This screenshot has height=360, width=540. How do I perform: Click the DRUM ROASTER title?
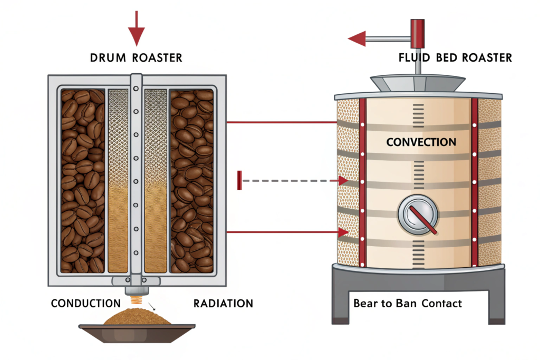[136, 58]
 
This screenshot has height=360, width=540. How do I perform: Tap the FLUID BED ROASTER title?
[455, 57]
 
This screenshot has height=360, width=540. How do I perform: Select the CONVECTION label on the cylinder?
[421, 142]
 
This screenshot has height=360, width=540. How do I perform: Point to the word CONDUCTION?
[85, 303]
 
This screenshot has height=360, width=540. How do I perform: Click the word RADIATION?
[223, 303]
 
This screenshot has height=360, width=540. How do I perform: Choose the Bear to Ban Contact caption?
[407, 303]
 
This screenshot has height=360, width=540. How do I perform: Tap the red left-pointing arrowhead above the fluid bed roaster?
[356, 38]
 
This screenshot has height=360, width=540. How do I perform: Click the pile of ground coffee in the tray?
[137, 318]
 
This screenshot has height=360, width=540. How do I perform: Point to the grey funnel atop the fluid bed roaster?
[418, 83]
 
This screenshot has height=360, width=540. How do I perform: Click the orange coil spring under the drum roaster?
[136, 301]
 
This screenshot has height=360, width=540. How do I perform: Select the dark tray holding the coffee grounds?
[137, 332]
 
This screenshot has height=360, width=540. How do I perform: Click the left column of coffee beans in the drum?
[82, 179]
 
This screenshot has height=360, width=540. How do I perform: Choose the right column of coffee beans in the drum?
[191, 179]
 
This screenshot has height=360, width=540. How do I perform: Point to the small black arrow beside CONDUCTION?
[152, 305]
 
